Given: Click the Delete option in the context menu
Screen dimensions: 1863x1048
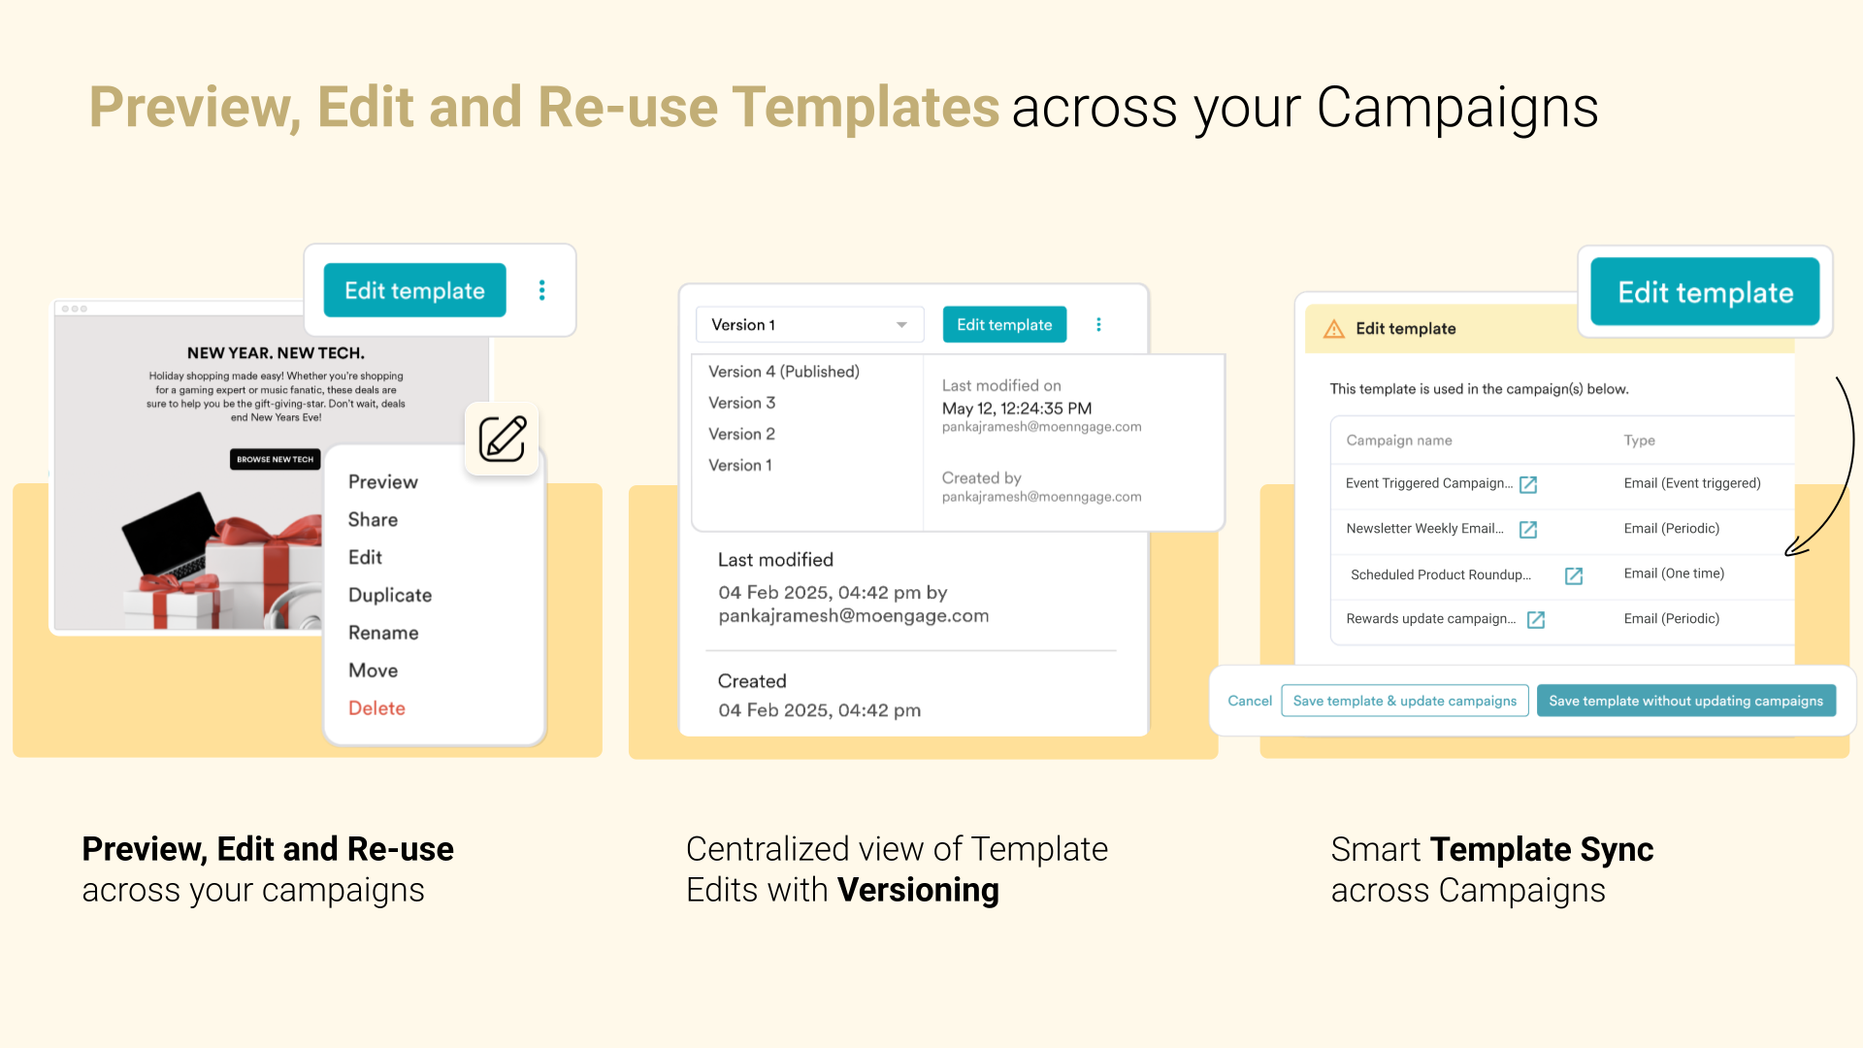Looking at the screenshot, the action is [376, 708].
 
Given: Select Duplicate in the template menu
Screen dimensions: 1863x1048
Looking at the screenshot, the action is [390, 595].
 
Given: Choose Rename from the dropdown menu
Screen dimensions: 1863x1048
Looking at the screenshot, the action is [383, 633].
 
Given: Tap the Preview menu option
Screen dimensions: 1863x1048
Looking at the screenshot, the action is [383, 482].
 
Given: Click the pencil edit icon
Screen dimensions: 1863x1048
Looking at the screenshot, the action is [502, 439].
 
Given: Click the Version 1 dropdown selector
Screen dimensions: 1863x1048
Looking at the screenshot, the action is [809, 325].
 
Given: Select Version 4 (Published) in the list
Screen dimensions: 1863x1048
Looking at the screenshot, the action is [784, 372].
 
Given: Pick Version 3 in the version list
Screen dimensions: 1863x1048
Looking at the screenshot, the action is [742, 403].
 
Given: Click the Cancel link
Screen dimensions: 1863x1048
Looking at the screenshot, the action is [1250, 701].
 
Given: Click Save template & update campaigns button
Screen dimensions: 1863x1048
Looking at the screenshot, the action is [1405, 701].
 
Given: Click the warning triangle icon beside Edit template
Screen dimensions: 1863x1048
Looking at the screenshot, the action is [1334, 329].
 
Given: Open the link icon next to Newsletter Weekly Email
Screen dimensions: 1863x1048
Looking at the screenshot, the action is [1528, 530].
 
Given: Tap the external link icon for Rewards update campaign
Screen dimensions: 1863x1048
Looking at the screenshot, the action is [1536, 620].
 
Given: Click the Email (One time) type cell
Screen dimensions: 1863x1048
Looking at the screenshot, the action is [1674, 573].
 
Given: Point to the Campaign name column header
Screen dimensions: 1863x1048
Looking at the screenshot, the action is [1399, 441].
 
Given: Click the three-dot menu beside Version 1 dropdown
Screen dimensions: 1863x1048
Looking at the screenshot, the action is [1098, 325].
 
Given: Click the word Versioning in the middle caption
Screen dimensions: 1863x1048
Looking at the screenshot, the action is [918, 890].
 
